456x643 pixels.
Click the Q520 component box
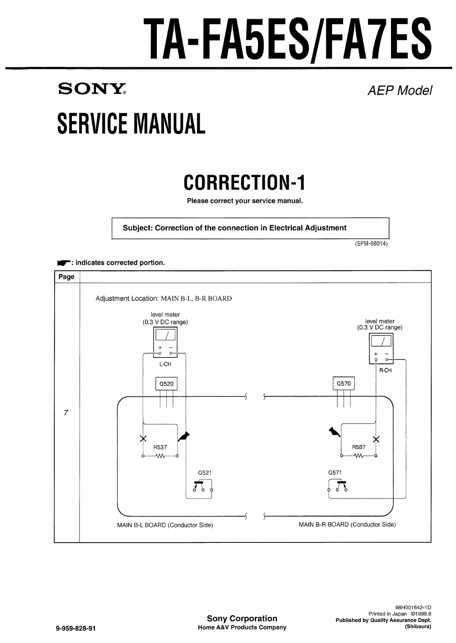pos(166,384)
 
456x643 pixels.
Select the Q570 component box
pos(344,383)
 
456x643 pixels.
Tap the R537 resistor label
pos(160,447)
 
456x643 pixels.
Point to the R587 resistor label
pos(358,447)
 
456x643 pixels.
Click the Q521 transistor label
pos(205,473)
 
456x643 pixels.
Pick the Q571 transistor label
pos(335,473)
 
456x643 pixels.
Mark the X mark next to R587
pos(376,439)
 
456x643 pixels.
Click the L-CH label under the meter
pos(165,364)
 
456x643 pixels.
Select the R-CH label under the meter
pos(385,370)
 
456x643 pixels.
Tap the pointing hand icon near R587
pos(335,432)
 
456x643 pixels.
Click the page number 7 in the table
pos(66,412)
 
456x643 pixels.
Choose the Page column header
pos(67,277)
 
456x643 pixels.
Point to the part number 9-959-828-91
pos(76,628)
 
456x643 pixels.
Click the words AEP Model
pos(400,91)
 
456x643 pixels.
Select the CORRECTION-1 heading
pos(244,182)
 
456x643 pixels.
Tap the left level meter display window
pos(165,334)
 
